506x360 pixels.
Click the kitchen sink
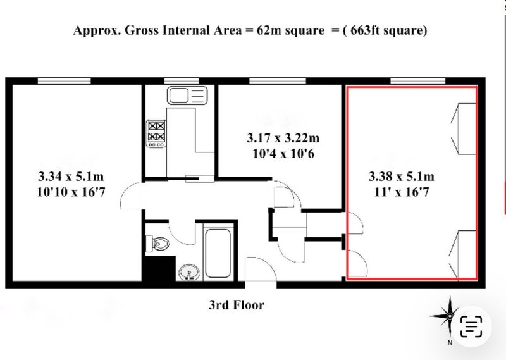(187, 96)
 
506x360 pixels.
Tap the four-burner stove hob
(156, 133)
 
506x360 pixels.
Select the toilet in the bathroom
(157, 243)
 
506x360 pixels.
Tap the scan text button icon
(471, 326)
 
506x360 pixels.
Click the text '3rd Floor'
(236, 305)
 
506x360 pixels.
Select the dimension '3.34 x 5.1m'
(71, 177)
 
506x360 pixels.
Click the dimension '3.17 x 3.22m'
(283, 138)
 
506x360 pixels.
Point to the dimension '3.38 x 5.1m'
(402, 177)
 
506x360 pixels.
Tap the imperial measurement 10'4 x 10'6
(283, 154)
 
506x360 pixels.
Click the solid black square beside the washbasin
(157, 269)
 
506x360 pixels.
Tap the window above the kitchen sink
(182, 81)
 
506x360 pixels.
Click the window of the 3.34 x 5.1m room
(65, 81)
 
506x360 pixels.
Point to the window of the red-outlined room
(418, 81)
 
